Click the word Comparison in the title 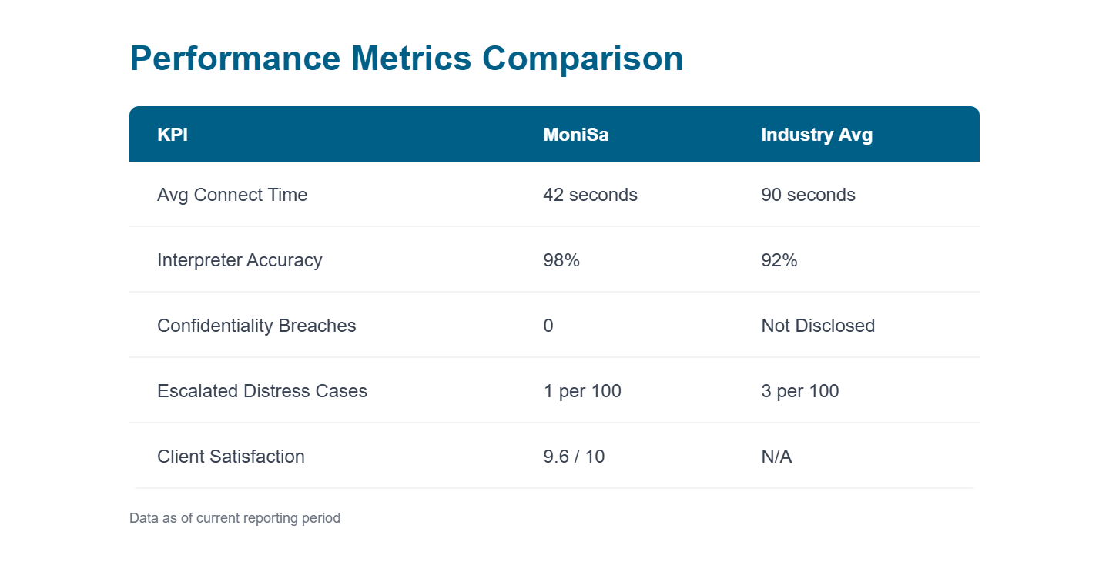[x=582, y=59]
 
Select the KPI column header [x=173, y=135]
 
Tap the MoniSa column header [x=575, y=135]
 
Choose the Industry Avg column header [x=816, y=135]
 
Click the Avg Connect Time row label [x=232, y=195]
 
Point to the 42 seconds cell [x=590, y=195]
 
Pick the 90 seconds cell [x=808, y=195]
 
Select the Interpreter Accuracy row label [x=240, y=260]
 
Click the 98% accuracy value [x=561, y=260]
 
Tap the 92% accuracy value [x=779, y=260]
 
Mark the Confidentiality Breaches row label [x=256, y=326]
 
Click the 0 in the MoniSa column [x=548, y=326]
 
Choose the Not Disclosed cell [x=818, y=326]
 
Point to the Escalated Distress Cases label [x=262, y=391]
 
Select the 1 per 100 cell [x=581, y=391]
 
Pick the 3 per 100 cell [x=799, y=391]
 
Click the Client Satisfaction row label [x=231, y=457]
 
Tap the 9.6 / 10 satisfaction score [x=574, y=457]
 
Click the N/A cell [x=776, y=457]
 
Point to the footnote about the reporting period [x=235, y=518]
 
